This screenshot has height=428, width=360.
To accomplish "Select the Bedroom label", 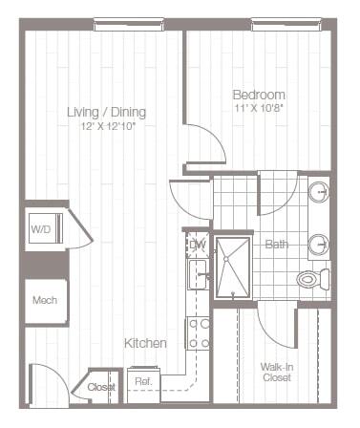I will [259, 95].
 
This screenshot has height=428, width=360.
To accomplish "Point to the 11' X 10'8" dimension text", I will [259, 109].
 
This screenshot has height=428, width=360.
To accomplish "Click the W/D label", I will [40, 229].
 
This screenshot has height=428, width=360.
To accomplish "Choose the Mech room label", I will [44, 300].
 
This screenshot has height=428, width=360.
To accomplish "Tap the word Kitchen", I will [145, 342].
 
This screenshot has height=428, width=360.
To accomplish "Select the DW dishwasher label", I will [198, 246].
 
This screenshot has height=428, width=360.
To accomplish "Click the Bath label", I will [277, 245].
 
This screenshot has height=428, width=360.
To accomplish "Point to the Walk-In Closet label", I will [277, 372].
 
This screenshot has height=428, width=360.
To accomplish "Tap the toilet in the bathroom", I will [313, 279].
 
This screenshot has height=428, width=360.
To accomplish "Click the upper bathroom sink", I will [320, 194].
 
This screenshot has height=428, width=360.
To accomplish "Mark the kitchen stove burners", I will [198, 333].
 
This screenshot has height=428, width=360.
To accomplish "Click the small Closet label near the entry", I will [102, 387].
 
